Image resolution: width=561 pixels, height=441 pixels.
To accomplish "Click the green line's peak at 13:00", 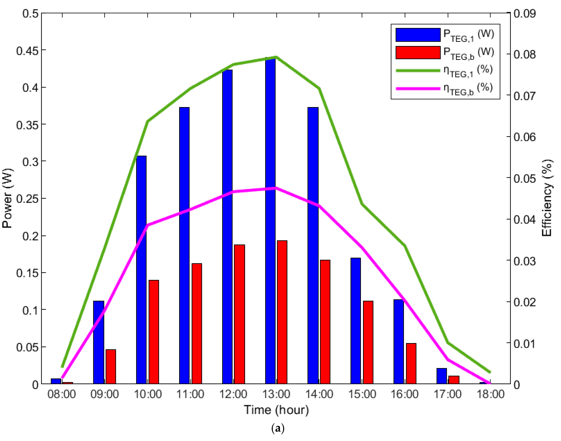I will point(276,57).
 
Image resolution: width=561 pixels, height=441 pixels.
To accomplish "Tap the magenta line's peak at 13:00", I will point(276,188).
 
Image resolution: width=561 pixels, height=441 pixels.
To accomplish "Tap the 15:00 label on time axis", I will point(362,394).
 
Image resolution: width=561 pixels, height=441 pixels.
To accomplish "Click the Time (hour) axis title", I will point(276,410).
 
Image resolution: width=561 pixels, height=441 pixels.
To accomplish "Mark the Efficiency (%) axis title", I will point(547,198).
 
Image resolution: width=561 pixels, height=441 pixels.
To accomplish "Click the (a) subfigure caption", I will point(278,429).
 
